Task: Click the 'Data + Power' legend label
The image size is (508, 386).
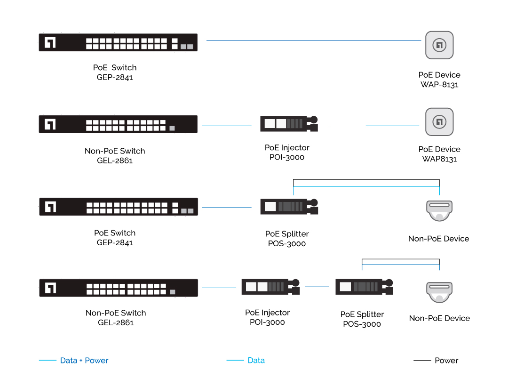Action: [x=84, y=361]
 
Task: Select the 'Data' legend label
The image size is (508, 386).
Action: [x=256, y=361]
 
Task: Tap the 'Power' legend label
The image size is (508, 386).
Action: [x=446, y=361]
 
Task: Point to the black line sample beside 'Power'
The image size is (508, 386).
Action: [x=422, y=361]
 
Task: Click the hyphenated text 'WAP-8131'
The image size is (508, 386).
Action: [x=439, y=85]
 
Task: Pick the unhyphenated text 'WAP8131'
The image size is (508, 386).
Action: [x=439, y=159]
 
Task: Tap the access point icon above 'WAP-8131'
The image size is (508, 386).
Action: [x=439, y=45]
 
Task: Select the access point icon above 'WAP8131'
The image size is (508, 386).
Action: [x=439, y=122]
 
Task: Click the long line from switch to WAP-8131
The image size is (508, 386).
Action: [x=313, y=41]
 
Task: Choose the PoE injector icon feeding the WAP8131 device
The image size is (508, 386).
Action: [x=289, y=124]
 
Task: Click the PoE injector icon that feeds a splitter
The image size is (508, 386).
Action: [x=270, y=287]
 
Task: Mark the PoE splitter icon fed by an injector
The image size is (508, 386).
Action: [x=364, y=287]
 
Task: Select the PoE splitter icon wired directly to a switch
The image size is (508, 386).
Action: [x=289, y=206]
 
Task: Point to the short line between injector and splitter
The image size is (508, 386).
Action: [x=317, y=287]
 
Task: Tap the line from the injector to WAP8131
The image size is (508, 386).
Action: [x=373, y=125]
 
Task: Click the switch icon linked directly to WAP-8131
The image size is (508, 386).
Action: [x=118, y=42]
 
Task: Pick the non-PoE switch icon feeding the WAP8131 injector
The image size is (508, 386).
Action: [x=118, y=124]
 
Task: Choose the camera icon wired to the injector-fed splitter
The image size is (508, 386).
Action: [x=439, y=292]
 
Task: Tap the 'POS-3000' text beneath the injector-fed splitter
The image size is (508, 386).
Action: [x=362, y=324]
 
